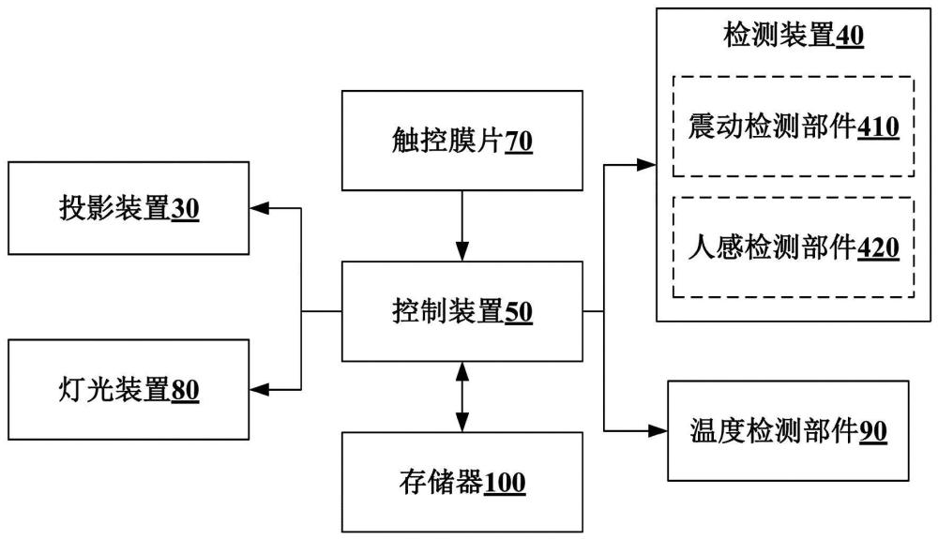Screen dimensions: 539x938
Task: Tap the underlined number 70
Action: tap(519, 142)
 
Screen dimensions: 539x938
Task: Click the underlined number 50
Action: tap(519, 313)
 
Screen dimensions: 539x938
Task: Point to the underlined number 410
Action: tap(879, 127)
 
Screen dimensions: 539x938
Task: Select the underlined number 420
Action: tap(879, 248)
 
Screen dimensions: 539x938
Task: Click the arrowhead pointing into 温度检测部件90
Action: tap(656, 430)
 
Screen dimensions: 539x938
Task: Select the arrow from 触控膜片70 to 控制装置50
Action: tap(461, 225)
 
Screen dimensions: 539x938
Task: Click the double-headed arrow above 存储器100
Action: tap(461, 397)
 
